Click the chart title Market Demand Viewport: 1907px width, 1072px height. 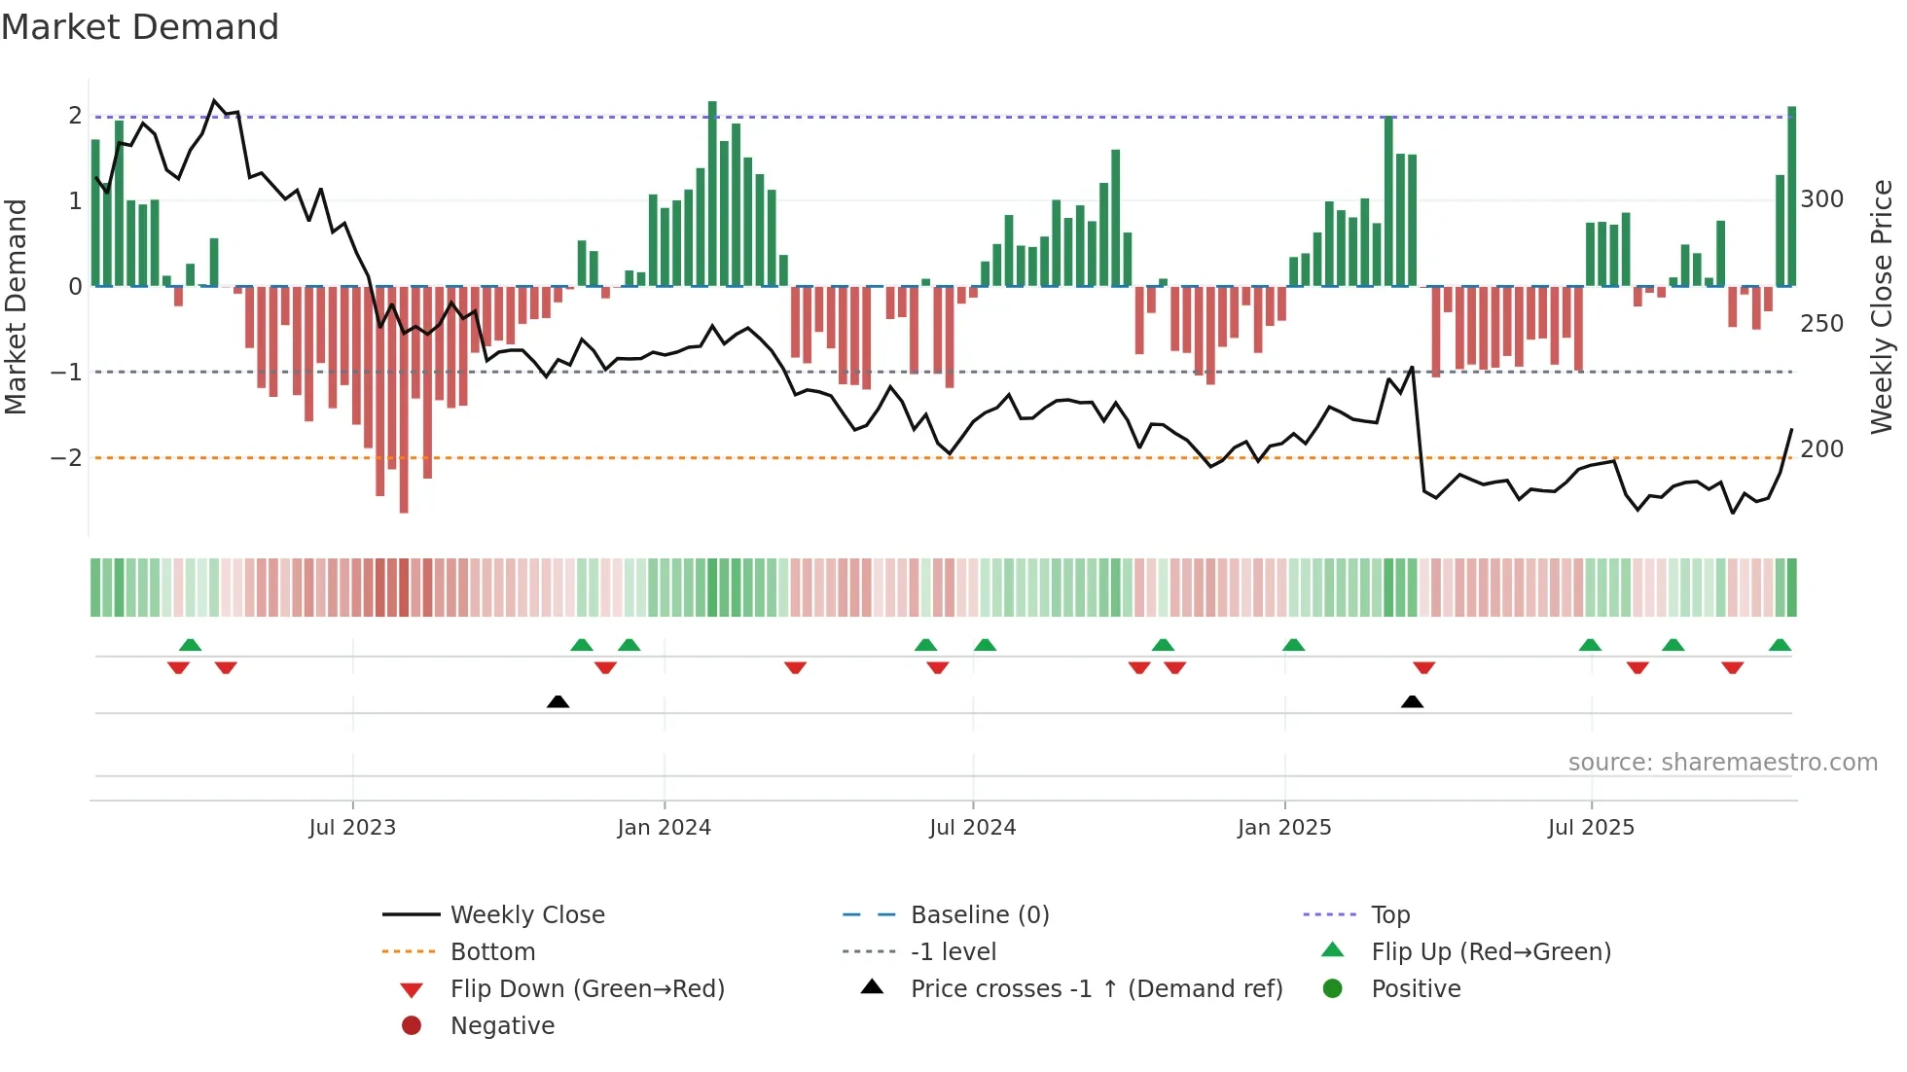(140, 27)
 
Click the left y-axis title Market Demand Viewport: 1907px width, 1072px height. (17, 306)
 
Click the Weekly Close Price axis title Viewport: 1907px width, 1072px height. (1882, 306)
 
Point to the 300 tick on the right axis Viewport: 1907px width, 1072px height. (1821, 199)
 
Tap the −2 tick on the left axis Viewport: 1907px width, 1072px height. (66, 457)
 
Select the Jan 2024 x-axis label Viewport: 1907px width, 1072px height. (664, 828)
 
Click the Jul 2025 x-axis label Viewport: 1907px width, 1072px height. (1591, 828)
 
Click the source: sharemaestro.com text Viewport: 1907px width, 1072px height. (1722, 763)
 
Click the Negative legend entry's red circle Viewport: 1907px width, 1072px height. (412, 1026)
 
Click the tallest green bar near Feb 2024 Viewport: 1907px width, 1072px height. (712, 195)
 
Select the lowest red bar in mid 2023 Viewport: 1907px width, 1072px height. (404, 399)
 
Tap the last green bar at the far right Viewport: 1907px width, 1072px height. (1791, 195)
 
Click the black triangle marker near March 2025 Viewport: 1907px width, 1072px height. (1412, 701)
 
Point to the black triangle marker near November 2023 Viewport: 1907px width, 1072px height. (558, 701)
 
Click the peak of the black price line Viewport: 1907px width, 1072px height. (215, 100)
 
